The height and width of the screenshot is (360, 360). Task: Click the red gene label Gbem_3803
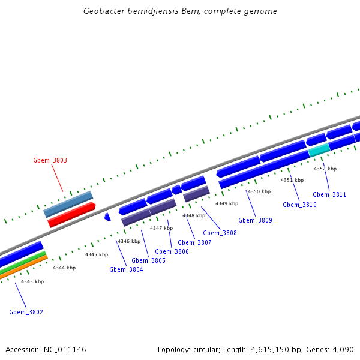[x=50, y=161]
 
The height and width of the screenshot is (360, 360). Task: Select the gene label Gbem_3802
[x=26, y=312]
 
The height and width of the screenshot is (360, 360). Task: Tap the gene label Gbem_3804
[x=126, y=269]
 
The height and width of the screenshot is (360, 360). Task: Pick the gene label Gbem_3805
[x=148, y=260]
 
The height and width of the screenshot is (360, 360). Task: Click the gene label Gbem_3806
[x=172, y=251]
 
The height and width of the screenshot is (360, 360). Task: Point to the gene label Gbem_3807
[x=194, y=242]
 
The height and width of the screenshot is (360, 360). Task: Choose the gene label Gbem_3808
[x=220, y=233]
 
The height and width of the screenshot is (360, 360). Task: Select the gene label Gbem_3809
[x=255, y=220]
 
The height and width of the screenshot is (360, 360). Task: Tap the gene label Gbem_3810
[x=299, y=205]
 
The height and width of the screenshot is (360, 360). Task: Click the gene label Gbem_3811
[x=329, y=194]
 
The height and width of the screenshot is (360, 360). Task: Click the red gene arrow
[x=71, y=214]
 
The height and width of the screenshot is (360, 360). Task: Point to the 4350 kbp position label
[x=259, y=191]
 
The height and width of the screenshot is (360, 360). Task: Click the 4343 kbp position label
[x=32, y=281]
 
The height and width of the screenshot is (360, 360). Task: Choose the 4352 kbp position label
[x=325, y=169]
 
